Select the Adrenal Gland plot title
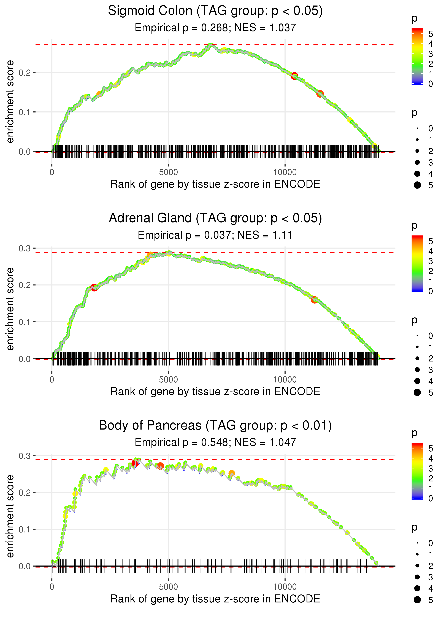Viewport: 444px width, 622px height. click(x=215, y=218)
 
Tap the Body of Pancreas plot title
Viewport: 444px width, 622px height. click(x=215, y=426)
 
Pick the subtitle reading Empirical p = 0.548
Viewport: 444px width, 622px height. click(x=215, y=443)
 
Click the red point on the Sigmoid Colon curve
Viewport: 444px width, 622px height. click(x=294, y=76)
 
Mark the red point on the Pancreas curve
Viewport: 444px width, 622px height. click(x=135, y=463)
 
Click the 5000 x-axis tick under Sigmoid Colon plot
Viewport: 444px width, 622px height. click(x=168, y=172)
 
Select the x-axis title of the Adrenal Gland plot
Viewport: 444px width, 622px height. click(x=215, y=392)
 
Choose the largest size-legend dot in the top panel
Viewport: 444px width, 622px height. click(x=417, y=185)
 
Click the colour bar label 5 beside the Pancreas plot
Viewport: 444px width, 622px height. click(x=431, y=449)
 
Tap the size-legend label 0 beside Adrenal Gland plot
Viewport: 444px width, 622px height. click(x=431, y=336)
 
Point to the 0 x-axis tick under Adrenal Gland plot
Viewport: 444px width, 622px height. click(x=52, y=380)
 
